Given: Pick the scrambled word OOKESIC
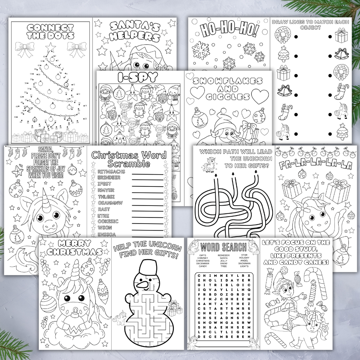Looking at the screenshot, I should pyautogui.click(x=108, y=221).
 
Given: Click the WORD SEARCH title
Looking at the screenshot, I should pyautogui.click(x=223, y=247).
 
